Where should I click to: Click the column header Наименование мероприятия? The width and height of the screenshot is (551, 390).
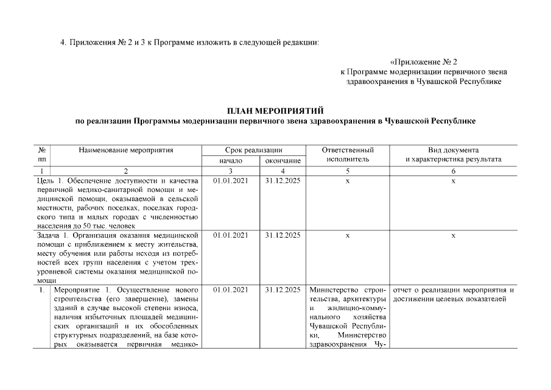coord(125,150)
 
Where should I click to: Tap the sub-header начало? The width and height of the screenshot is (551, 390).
coord(228,160)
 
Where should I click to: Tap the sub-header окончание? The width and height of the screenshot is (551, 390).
coord(282,160)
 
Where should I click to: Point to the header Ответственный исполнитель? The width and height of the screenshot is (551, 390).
coord(347,154)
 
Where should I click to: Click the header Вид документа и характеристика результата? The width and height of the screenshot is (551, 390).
coord(453,154)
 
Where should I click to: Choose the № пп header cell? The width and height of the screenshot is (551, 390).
coord(43,154)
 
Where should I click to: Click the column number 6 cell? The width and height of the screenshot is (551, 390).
coord(453,171)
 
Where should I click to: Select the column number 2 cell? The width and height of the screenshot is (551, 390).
coord(125,171)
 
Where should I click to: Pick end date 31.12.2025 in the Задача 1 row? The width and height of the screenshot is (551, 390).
coord(283,235)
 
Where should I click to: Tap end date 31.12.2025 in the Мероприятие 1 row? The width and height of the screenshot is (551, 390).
coord(283,289)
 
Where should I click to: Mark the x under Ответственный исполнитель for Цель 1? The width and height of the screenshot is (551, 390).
coord(347,181)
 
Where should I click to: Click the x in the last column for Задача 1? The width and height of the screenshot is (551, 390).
coord(453,235)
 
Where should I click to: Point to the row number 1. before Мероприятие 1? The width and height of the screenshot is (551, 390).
coord(42,289)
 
